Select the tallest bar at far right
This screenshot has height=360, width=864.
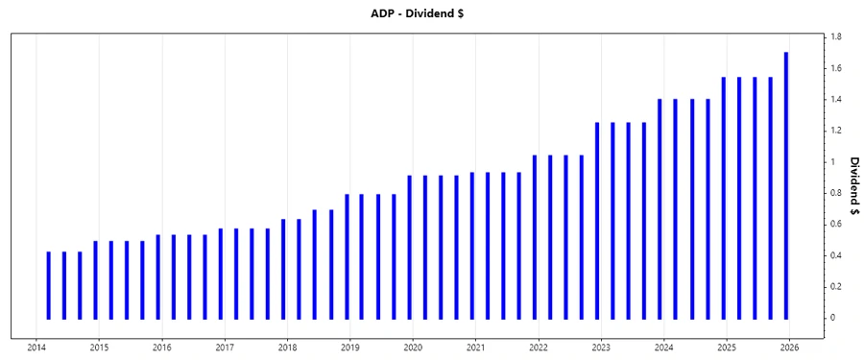pos(786,185)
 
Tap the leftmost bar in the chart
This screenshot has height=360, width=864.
pos(48,285)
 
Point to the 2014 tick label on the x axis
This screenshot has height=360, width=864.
pos(36,347)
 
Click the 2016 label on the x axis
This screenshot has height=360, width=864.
pos(162,347)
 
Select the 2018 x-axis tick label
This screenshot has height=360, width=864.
pos(287,347)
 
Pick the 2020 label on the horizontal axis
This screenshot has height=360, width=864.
pos(413,347)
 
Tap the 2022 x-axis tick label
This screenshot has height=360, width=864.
pos(539,347)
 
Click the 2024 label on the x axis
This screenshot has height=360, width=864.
pos(664,347)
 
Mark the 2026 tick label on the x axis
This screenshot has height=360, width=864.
pos(789,347)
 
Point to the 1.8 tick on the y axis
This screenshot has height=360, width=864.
pos(836,36)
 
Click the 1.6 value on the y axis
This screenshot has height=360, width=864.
pos(836,68)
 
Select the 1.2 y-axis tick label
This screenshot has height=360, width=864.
pos(836,131)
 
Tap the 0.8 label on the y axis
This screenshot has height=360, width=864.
pos(836,193)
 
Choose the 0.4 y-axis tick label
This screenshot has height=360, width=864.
pos(836,255)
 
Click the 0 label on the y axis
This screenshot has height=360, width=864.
pos(833,318)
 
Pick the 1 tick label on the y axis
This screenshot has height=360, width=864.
pos(833,161)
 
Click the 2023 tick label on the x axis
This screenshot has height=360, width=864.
pos(601,347)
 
